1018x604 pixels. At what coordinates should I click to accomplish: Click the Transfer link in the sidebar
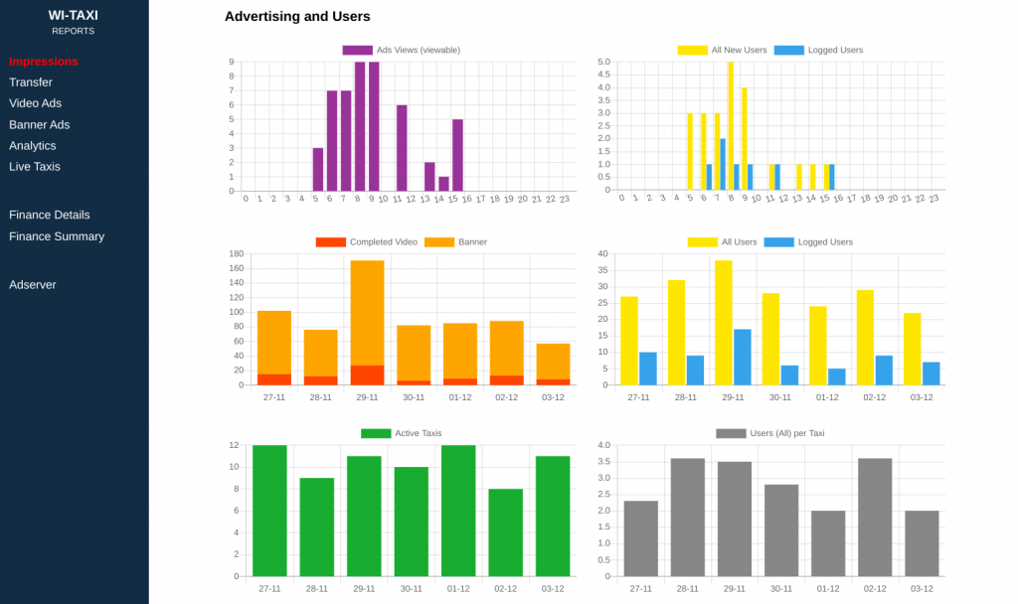coord(31,82)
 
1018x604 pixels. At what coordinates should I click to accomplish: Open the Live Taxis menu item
coord(35,167)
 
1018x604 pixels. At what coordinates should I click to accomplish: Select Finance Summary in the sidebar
coord(57,236)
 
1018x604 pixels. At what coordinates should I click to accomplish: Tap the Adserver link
coord(33,285)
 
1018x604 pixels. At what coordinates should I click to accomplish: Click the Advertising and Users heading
coord(297,17)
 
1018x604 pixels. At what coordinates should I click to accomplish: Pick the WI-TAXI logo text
coord(74,16)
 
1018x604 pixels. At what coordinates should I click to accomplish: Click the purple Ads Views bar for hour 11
coord(402,148)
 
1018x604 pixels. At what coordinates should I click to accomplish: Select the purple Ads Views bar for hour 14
coord(443,184)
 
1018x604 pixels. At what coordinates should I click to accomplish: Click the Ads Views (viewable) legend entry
coord(401,50)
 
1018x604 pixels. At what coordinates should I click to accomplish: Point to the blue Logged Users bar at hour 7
coord(723,164)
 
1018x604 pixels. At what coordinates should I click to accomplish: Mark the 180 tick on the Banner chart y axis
coord(237,254)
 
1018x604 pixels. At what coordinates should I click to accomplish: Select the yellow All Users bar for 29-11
coord(724,323)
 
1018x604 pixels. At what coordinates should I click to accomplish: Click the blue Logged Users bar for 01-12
coord(837,377)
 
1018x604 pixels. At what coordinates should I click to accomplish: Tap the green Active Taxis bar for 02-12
coord(505,532)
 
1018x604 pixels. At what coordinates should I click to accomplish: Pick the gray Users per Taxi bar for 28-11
coord(688,517)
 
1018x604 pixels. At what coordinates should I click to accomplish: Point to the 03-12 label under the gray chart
coord(922,588)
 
